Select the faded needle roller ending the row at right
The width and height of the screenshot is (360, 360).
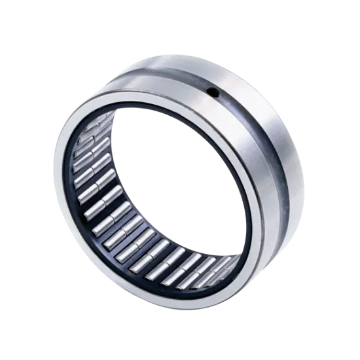pyautogui.click(x=226, y=265)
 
